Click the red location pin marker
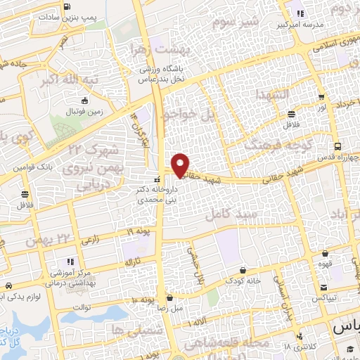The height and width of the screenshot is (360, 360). tap(181, 165)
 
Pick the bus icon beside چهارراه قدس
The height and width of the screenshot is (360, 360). tap(338, 146)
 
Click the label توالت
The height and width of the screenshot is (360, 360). tap(83, 307)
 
